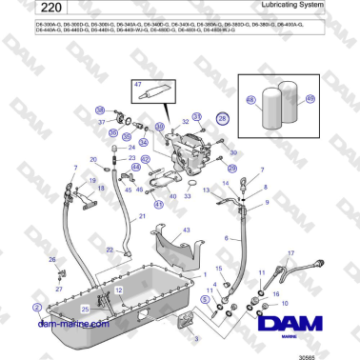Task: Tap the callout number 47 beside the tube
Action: (137, 86)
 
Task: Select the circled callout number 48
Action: (251, 98)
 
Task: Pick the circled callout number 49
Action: (310, 98)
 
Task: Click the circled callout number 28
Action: (223, 119)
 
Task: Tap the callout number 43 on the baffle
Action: (187, 230)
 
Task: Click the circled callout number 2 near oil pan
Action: (37, 307)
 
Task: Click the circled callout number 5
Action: (203, 300)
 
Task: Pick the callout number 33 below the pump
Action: (188, 196)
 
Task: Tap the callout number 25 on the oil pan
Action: (85, 309)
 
